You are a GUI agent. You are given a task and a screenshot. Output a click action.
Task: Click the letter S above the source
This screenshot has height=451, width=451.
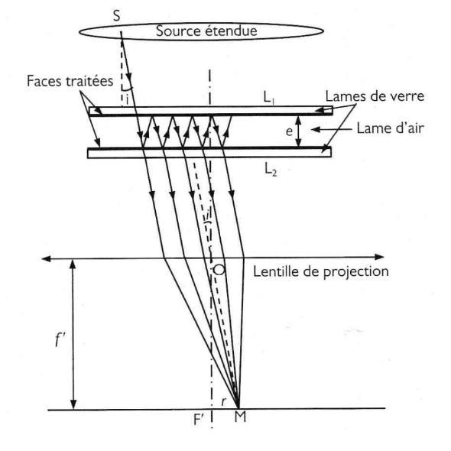116,16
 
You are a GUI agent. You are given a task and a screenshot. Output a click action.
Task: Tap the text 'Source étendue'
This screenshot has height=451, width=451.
206,31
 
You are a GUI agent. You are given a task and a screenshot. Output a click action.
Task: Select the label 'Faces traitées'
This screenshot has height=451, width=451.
70,81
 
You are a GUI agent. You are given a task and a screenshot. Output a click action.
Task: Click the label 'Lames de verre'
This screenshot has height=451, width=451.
375,96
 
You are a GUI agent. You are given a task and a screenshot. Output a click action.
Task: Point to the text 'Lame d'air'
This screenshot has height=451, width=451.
391,128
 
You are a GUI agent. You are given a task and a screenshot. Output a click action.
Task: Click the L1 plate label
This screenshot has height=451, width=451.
269,98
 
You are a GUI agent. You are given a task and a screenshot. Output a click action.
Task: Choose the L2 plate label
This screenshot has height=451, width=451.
271,170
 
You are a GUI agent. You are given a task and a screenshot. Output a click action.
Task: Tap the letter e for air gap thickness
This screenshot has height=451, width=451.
289,131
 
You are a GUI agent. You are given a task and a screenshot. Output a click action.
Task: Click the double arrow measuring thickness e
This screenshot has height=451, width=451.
299,131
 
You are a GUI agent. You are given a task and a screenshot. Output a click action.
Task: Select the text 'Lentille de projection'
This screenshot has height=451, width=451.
321,271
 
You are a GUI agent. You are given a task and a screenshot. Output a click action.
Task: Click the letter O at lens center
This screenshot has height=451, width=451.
219,270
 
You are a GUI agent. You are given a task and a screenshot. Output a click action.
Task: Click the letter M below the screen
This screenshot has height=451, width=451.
240,417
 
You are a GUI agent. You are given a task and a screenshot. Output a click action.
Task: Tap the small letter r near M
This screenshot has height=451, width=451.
223,402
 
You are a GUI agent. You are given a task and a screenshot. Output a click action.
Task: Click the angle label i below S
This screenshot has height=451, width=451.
127,99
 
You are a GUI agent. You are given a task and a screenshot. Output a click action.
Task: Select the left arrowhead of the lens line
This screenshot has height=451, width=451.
46,258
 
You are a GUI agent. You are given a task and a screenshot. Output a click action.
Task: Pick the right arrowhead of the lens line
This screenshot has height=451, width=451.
380,257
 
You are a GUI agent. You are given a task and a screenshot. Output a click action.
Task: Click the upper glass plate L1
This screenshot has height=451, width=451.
210,111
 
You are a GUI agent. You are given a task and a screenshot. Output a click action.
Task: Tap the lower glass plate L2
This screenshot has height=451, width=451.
209,152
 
